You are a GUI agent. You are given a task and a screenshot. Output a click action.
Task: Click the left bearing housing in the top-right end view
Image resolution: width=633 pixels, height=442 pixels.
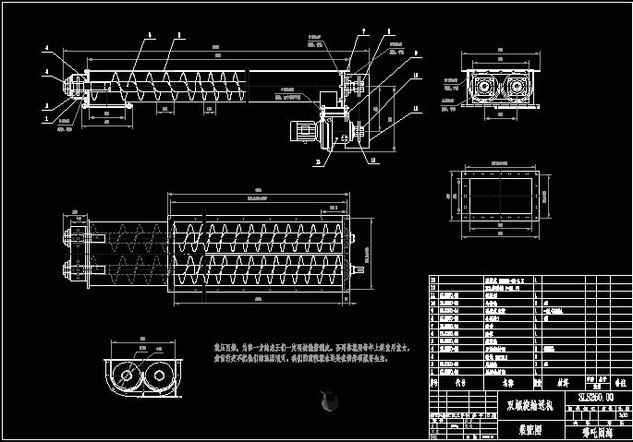point(483,89)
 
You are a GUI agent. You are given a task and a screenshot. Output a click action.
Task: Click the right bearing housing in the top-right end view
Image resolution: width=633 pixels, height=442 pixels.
point(516,89)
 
